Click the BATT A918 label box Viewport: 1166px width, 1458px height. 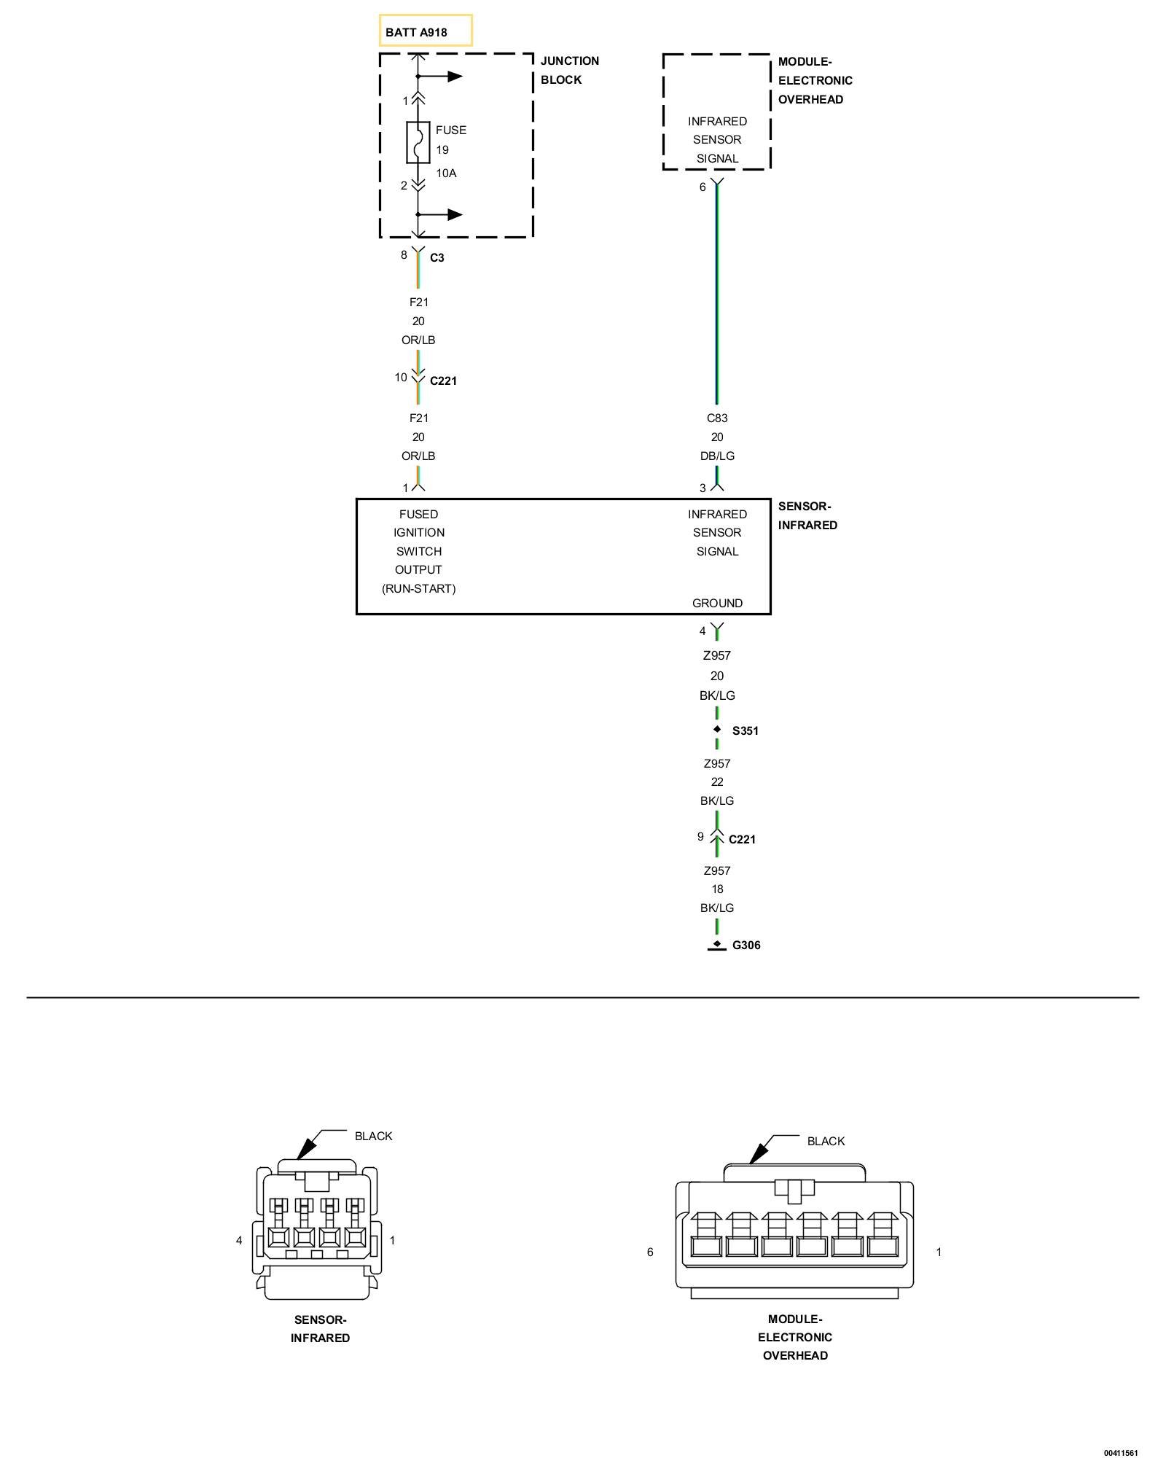(426, 31)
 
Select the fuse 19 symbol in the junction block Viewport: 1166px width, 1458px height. (418, 142)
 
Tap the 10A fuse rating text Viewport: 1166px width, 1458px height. (446, 174)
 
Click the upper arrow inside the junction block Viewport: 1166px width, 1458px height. (440, 77)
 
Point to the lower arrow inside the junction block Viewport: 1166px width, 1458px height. (440, 214)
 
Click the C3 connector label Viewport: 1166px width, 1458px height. (437, 257)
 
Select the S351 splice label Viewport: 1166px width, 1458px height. (746, 731)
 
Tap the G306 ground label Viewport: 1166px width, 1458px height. (746, 946)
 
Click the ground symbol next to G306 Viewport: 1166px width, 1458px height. (717, 946)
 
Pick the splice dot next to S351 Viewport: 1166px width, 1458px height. (717, 729)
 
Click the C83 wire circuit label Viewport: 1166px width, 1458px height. (717, 418)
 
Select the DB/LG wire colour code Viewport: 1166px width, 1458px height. (717, 456)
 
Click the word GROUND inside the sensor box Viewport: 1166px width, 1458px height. (717, 604)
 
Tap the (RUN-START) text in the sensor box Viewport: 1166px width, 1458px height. (419, 589)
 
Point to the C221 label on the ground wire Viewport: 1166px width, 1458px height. (742, 840)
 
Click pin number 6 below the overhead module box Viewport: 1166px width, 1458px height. (703, 187)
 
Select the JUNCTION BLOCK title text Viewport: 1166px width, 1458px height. (570, 71)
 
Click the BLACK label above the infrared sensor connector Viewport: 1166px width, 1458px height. (373, 1137)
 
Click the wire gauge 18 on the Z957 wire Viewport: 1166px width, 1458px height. (717, 889)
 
